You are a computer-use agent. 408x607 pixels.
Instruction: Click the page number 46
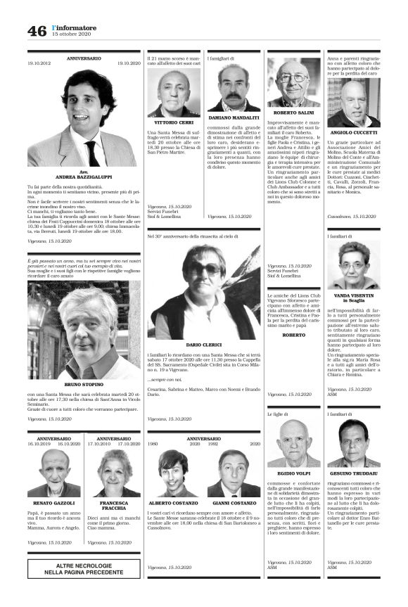(x=37, y=30)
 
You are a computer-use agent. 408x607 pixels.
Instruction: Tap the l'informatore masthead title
(x=75, y=27)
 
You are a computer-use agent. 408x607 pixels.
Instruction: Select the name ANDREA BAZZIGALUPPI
(x=84, y=178)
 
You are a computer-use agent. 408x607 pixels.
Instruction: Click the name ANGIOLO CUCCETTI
(x=354, y=133)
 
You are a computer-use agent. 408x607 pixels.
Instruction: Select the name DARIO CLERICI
(x=204, y=345)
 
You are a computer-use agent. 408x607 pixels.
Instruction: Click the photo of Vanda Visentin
(x=353, y=265)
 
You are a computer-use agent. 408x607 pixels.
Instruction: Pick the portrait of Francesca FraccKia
(x=113, y=473)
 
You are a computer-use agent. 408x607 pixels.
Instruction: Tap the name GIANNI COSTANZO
(x=234, y=504)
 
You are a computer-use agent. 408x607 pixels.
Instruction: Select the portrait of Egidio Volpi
(x=294, y=443)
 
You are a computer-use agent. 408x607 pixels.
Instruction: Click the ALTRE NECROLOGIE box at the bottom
(x=84, y=568)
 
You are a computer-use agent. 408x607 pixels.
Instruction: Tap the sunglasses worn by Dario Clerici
(x=203, y=269)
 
